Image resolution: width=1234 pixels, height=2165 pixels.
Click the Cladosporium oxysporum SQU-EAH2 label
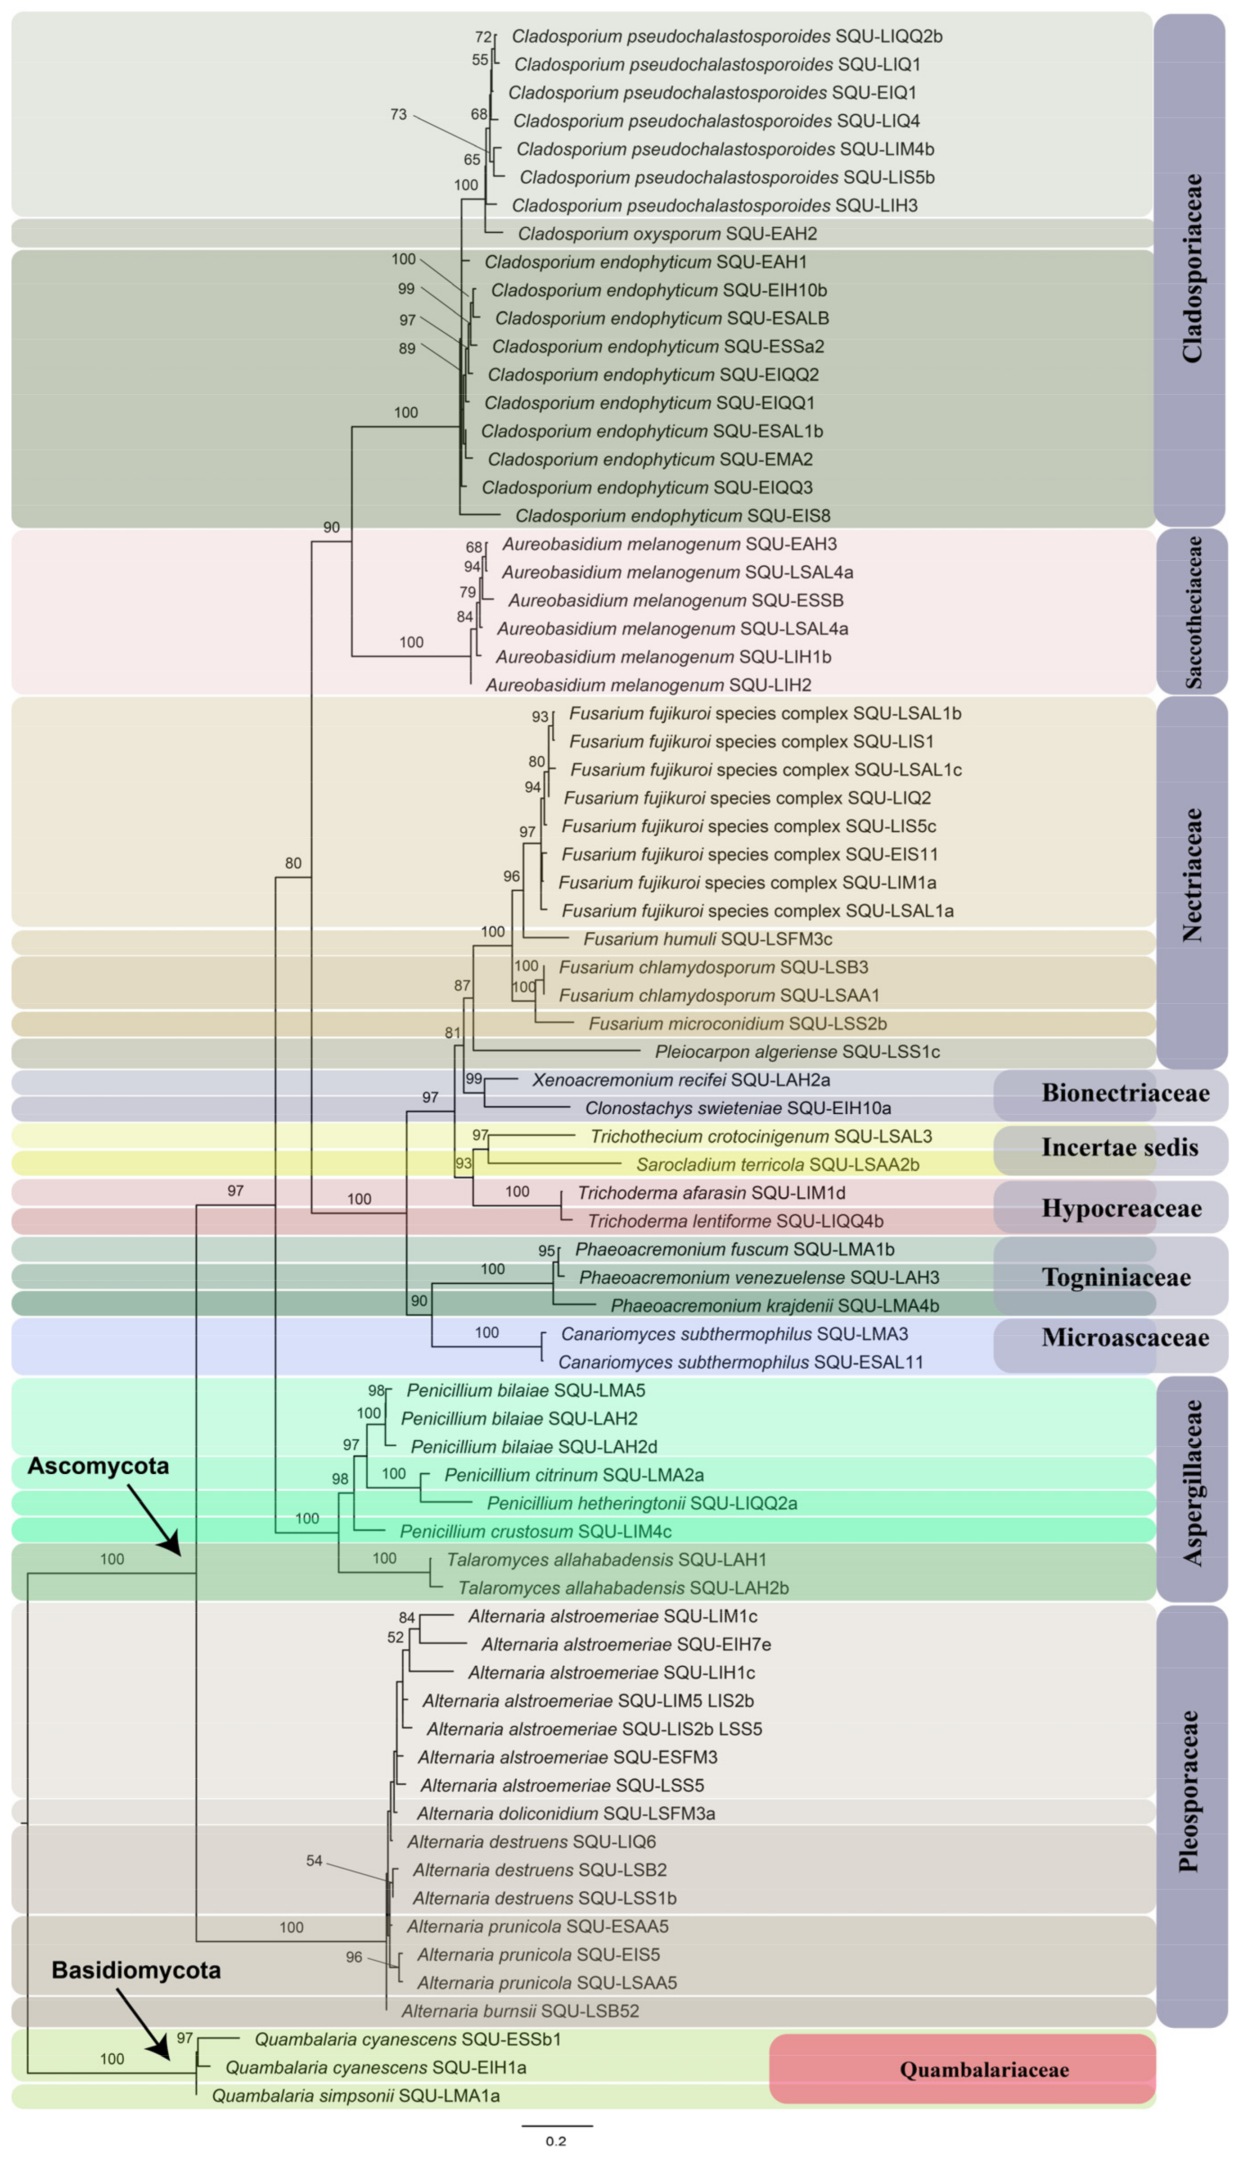(667, 234)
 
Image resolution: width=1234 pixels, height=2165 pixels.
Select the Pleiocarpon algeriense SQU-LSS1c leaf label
(797, 1052)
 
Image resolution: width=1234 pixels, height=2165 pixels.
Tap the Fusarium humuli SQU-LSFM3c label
(708, 939)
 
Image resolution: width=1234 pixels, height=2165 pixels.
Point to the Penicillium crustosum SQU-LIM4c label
(536, 1532)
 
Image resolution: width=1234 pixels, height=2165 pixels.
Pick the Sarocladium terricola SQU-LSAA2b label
(777, 1165)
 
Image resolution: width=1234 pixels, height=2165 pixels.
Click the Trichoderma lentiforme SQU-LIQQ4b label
(735, 1222)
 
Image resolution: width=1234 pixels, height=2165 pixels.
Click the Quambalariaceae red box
(962, 2069)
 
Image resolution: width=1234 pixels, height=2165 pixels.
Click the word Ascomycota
(98, 1466)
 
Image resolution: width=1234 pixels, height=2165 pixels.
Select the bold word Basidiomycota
(135, 1970)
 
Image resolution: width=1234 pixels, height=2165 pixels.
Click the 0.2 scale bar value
(555, 2141)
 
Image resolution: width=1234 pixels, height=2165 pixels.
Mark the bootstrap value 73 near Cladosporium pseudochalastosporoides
(398, 114)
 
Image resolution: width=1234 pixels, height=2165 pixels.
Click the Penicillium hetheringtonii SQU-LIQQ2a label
(642, 1504)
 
